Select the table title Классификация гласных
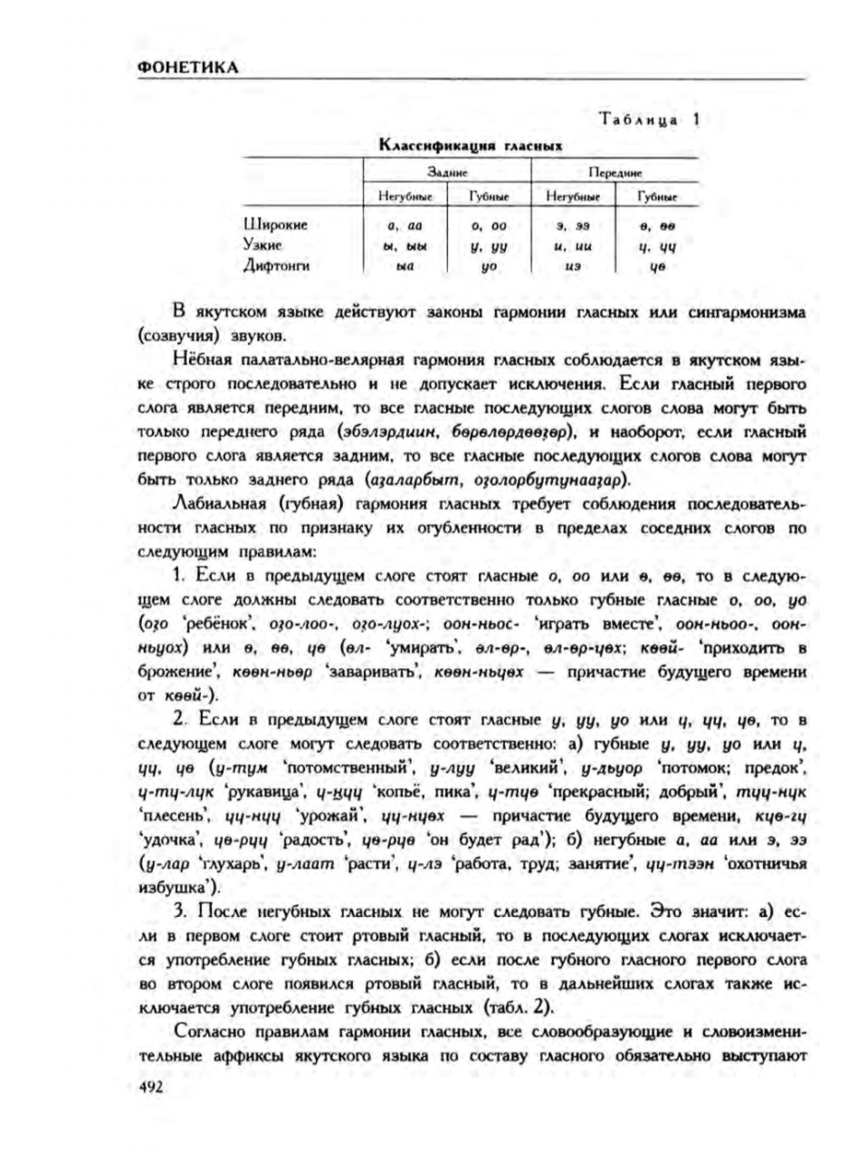[x=471, y=145]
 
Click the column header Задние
[x=446, y=171]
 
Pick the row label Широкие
[x=276, y=224]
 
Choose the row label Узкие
[x=263, y=244]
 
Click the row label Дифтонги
[x=277, y=265]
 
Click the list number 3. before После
[x=178, y=910]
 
